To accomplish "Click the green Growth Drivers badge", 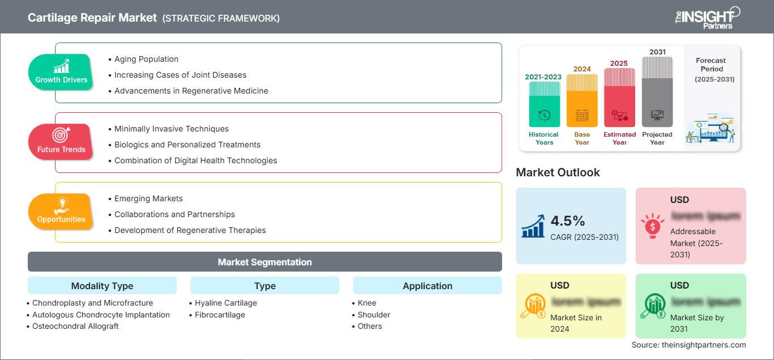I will [61, 72].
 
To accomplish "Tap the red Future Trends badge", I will [61, 142].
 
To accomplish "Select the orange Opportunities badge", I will [61, 211].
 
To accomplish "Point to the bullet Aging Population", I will [146, 59].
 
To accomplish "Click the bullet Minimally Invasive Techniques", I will [171, 129].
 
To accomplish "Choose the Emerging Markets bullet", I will [148, 198].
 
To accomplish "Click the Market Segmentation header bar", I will [265, 262].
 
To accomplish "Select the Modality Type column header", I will [102, 286].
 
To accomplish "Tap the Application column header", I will [427, 286].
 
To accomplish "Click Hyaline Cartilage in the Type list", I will [226, 303].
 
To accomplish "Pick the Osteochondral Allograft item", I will [75, 326].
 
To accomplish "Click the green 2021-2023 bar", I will [544, 104].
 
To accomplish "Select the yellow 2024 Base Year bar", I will [582, 101].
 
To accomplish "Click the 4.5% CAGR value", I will [568, 221].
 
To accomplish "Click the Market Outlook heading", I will [558, 172].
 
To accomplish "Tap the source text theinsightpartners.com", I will [688, 345].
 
